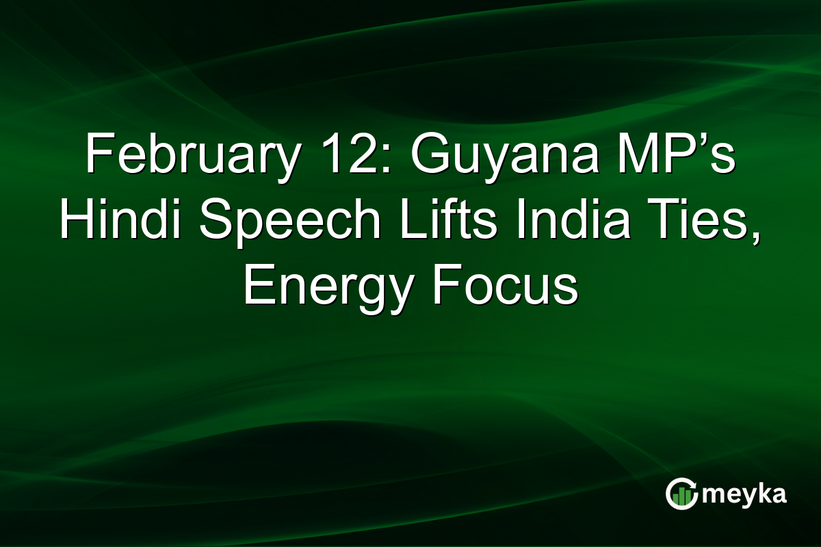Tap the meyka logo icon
pyautogui.click(x=681, y=494)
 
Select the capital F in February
pyautogui.click(x=98, y=155)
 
